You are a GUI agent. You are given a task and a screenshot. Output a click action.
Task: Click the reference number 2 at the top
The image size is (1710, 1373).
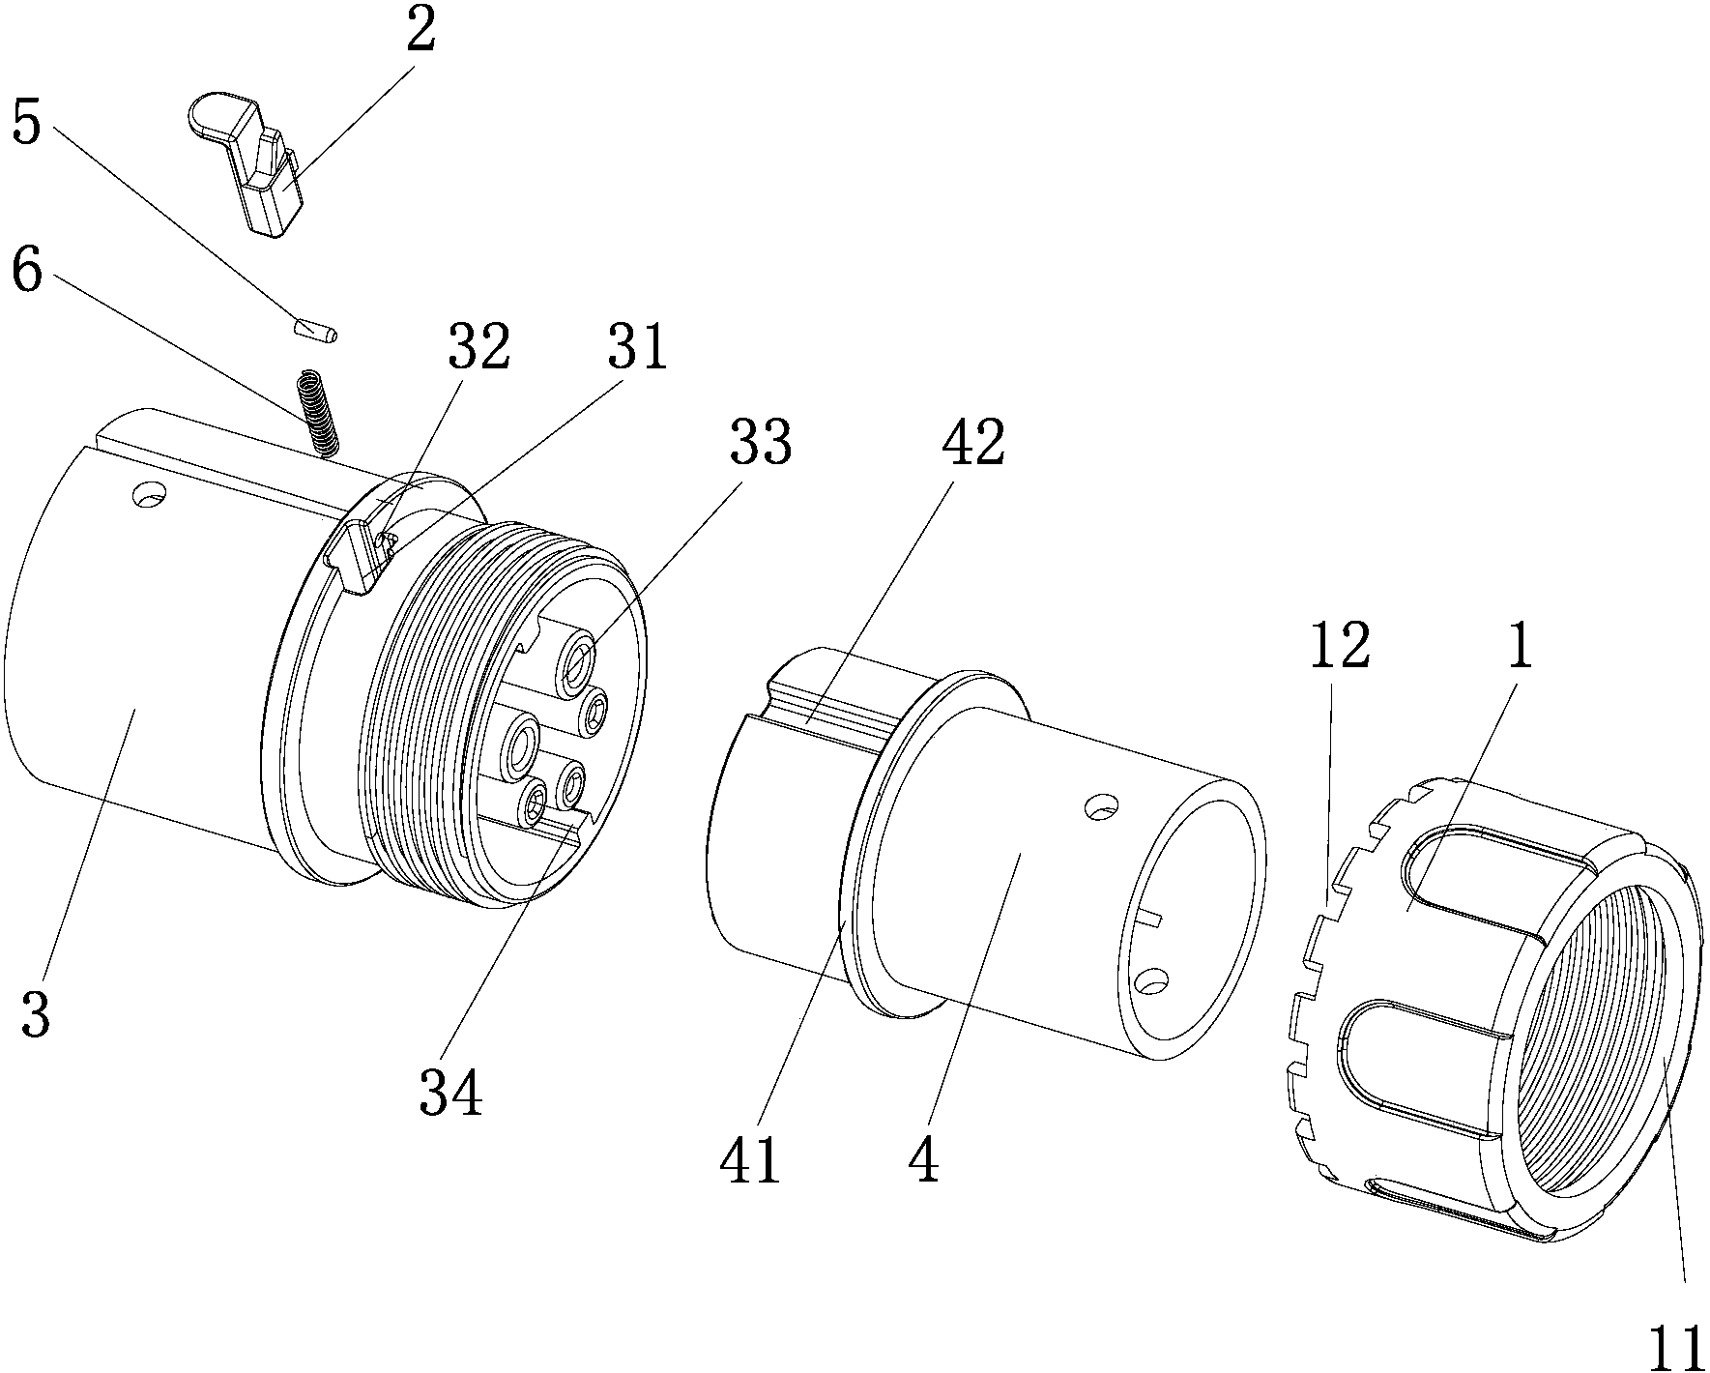coord(420,34)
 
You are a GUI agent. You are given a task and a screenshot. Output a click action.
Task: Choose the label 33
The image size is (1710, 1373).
coord(760,443)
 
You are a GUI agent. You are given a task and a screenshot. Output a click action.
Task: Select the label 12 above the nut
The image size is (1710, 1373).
coord(1339,647)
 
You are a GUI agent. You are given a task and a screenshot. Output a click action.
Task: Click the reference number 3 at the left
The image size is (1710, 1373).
coord(37,1016)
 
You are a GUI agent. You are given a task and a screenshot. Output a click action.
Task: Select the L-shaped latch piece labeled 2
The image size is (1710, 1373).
coord(251,160)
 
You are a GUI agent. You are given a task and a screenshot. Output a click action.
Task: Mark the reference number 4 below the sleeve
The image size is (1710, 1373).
coord(923,1159)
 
